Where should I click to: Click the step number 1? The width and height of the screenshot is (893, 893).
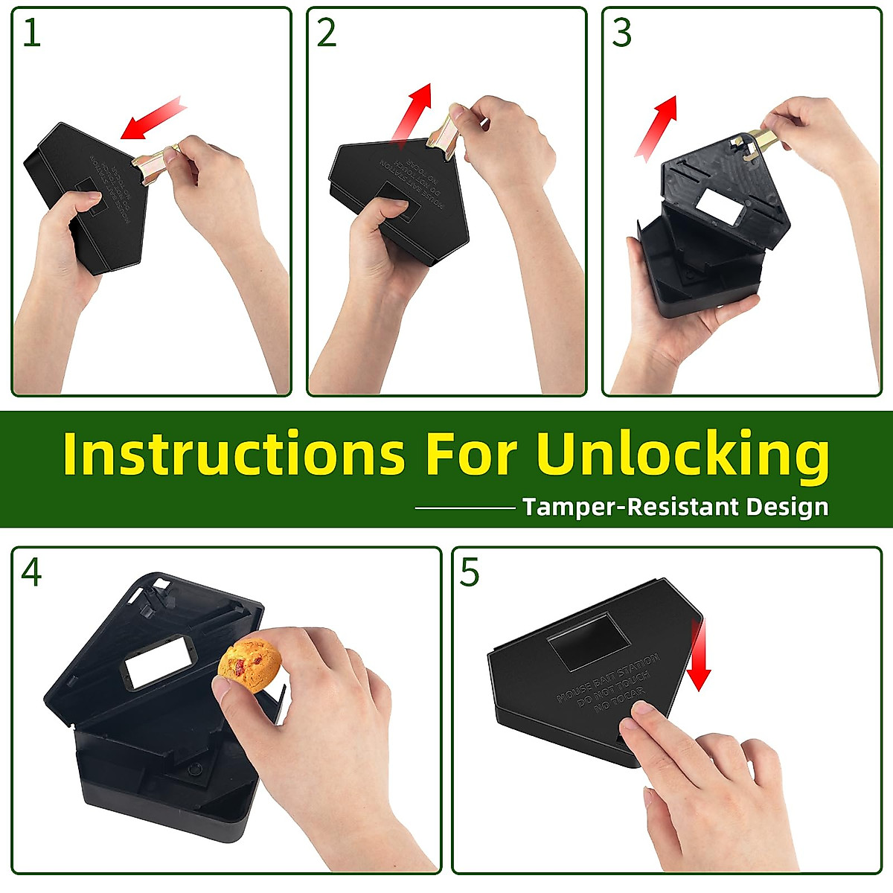31,33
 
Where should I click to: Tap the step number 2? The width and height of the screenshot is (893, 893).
327,33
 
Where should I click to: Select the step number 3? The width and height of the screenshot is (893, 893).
621,33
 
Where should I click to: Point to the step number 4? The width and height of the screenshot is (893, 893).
31,572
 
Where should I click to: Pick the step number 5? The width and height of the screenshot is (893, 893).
470,572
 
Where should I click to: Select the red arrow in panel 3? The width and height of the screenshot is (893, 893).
656,127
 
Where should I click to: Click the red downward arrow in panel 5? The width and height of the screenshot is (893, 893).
698,655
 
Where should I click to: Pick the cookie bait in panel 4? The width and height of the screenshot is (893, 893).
249,664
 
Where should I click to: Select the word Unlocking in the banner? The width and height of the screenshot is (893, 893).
682,453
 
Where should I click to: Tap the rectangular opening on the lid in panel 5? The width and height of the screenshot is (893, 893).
589,637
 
